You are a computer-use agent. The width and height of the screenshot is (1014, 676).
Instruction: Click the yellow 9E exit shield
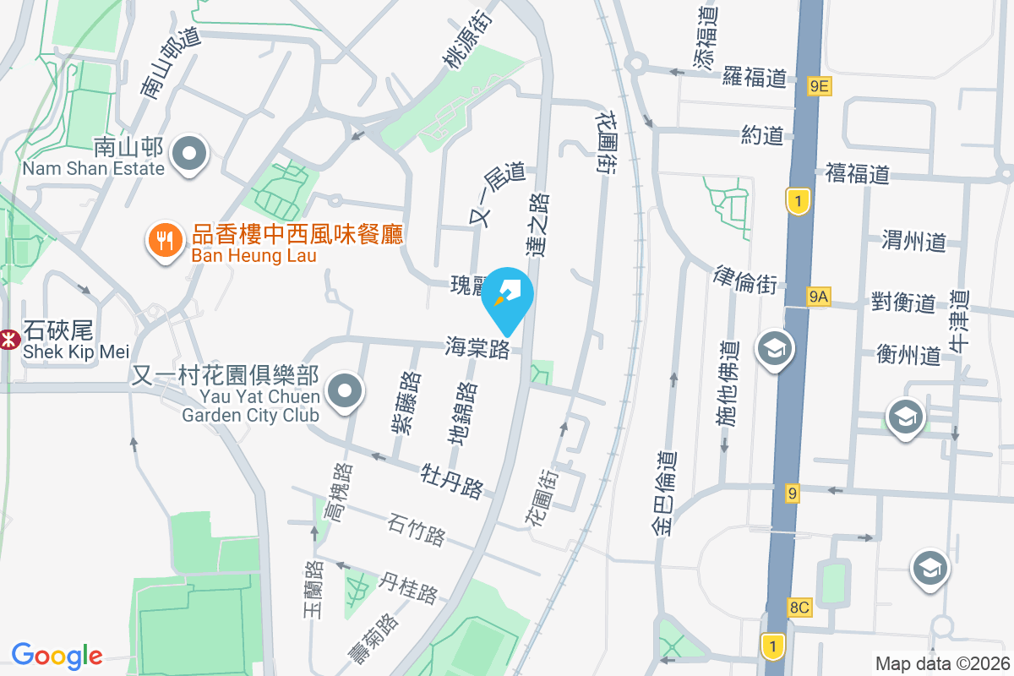tap(819, 85)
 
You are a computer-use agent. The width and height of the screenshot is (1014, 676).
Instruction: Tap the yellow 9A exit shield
tap(818, 296)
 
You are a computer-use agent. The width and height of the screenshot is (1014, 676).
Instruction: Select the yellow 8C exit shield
tap(799, 607)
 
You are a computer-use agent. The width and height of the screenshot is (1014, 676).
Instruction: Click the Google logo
tap(57, 656)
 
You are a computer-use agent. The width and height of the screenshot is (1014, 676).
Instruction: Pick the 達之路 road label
tap(537, 223)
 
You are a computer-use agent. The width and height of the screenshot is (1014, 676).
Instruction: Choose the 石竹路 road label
tap(417, 531)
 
